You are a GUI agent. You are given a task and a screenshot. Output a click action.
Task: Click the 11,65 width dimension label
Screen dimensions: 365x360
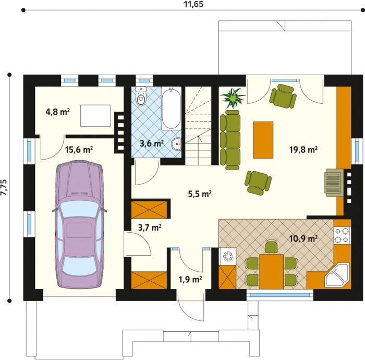click(193, 4)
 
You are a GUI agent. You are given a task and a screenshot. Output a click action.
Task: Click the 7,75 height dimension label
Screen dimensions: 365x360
click(4, 188)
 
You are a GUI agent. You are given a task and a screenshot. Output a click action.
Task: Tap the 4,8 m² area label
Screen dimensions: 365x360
click(58, 112)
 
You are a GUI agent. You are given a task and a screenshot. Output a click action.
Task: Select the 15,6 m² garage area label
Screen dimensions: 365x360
click(79, 149)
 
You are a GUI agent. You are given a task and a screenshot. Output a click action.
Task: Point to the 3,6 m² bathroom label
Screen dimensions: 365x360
click(152, 143)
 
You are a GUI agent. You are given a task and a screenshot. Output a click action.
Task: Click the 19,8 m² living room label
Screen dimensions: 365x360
click(303, 149)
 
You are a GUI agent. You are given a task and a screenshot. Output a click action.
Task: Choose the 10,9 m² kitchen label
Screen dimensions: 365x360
click(303, 238)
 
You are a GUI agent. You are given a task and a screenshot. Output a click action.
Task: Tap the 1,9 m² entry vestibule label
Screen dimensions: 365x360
click(190, 279)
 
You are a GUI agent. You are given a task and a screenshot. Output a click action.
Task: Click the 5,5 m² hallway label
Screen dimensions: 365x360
click(200, 194)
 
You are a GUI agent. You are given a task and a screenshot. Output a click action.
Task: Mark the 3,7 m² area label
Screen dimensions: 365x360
click(150, 227)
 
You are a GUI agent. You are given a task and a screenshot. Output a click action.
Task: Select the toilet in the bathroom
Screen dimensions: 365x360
click(141, 96)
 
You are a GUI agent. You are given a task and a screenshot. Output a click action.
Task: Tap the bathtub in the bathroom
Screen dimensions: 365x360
click(171, 109)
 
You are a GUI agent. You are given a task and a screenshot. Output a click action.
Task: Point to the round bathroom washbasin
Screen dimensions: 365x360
click(176, 145)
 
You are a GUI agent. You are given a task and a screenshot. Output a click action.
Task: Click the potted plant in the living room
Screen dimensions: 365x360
click(233, 98)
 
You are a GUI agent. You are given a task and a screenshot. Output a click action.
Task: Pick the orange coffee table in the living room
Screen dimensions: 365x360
click(263, 140)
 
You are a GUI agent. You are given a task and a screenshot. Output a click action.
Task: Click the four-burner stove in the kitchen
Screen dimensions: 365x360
click(343, 235)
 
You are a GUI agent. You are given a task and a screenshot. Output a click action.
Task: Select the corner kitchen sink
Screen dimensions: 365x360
click(337, 275)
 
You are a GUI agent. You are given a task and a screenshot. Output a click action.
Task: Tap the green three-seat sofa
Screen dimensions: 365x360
click(230, 140)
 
